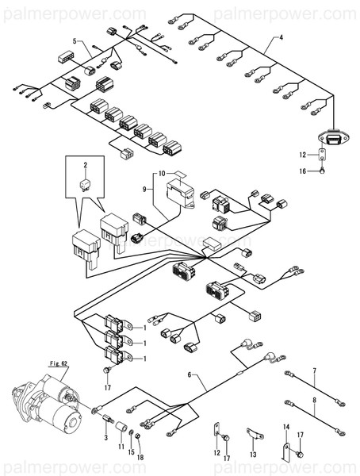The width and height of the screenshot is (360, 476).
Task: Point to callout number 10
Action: (160, 172)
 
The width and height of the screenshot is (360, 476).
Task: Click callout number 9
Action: (145, 190)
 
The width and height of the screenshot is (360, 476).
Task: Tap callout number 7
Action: (314, 370)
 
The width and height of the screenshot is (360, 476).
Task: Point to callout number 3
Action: (105, 439)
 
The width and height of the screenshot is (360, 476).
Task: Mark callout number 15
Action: (132, 452)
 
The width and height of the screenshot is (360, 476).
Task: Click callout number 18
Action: (141, 459)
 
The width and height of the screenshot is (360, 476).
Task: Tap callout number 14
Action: (287, 428)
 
